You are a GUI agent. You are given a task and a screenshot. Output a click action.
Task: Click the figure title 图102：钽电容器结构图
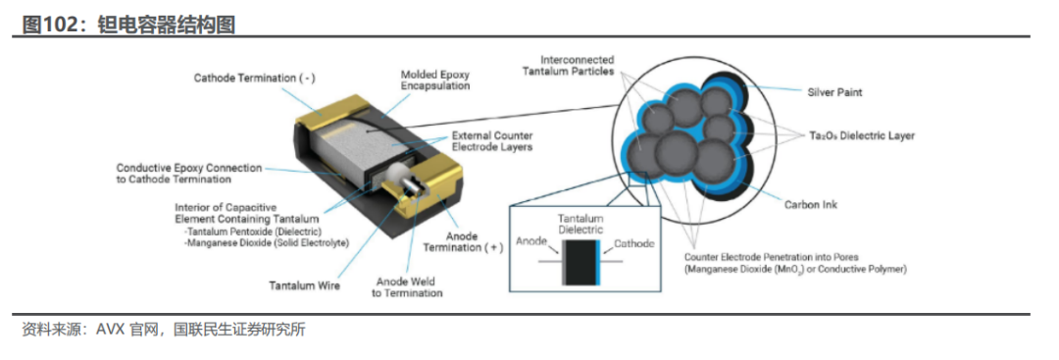(x=129, y=25)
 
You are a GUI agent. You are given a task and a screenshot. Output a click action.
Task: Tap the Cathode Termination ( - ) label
(x=255, y=77)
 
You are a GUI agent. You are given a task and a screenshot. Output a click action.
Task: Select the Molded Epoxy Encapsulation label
(x=435, y=80)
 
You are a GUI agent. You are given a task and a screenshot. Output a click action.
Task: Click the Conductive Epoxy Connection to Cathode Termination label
(x=188, y=174)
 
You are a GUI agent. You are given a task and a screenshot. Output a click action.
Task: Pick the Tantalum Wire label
(x=305, y=286)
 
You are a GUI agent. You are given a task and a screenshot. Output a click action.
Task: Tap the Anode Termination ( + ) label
(x=463, y=242)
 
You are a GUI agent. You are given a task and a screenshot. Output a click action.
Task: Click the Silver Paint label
(x=834, y=92)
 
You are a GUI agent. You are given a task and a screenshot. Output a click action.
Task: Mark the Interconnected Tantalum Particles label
(x=568, y=65)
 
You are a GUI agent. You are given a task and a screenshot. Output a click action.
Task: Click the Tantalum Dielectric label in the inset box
(x=580, y=225)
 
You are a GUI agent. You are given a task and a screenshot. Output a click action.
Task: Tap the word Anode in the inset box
(x=530, y=240)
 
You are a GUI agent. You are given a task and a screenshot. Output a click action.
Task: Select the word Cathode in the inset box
(x=633, y=244)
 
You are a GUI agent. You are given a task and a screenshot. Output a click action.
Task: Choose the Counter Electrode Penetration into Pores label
(x=794, y=263)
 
